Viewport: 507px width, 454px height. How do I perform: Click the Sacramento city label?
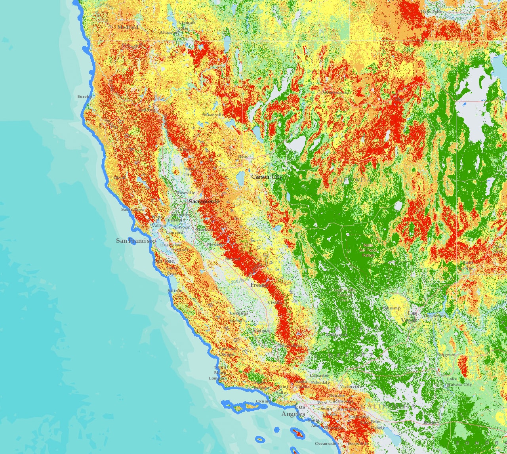coord(204,202)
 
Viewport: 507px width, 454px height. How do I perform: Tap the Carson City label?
coord(267,177)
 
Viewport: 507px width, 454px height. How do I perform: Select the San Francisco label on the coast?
coord(135,241)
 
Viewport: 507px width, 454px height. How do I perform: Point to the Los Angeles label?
coord(294,410)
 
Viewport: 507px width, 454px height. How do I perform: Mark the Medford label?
coord(128,27)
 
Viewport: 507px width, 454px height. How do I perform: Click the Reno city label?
coord(243,156)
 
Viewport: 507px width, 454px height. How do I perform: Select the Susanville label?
coord(212,115)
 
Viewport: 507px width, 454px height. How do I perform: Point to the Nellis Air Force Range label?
coord(368,250)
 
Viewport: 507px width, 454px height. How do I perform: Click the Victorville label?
coord(350,386)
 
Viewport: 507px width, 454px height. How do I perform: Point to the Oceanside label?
coord(326,444)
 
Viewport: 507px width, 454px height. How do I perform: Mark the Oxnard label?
coord(264,401)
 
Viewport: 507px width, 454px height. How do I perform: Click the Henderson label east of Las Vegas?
coord(434,316)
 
